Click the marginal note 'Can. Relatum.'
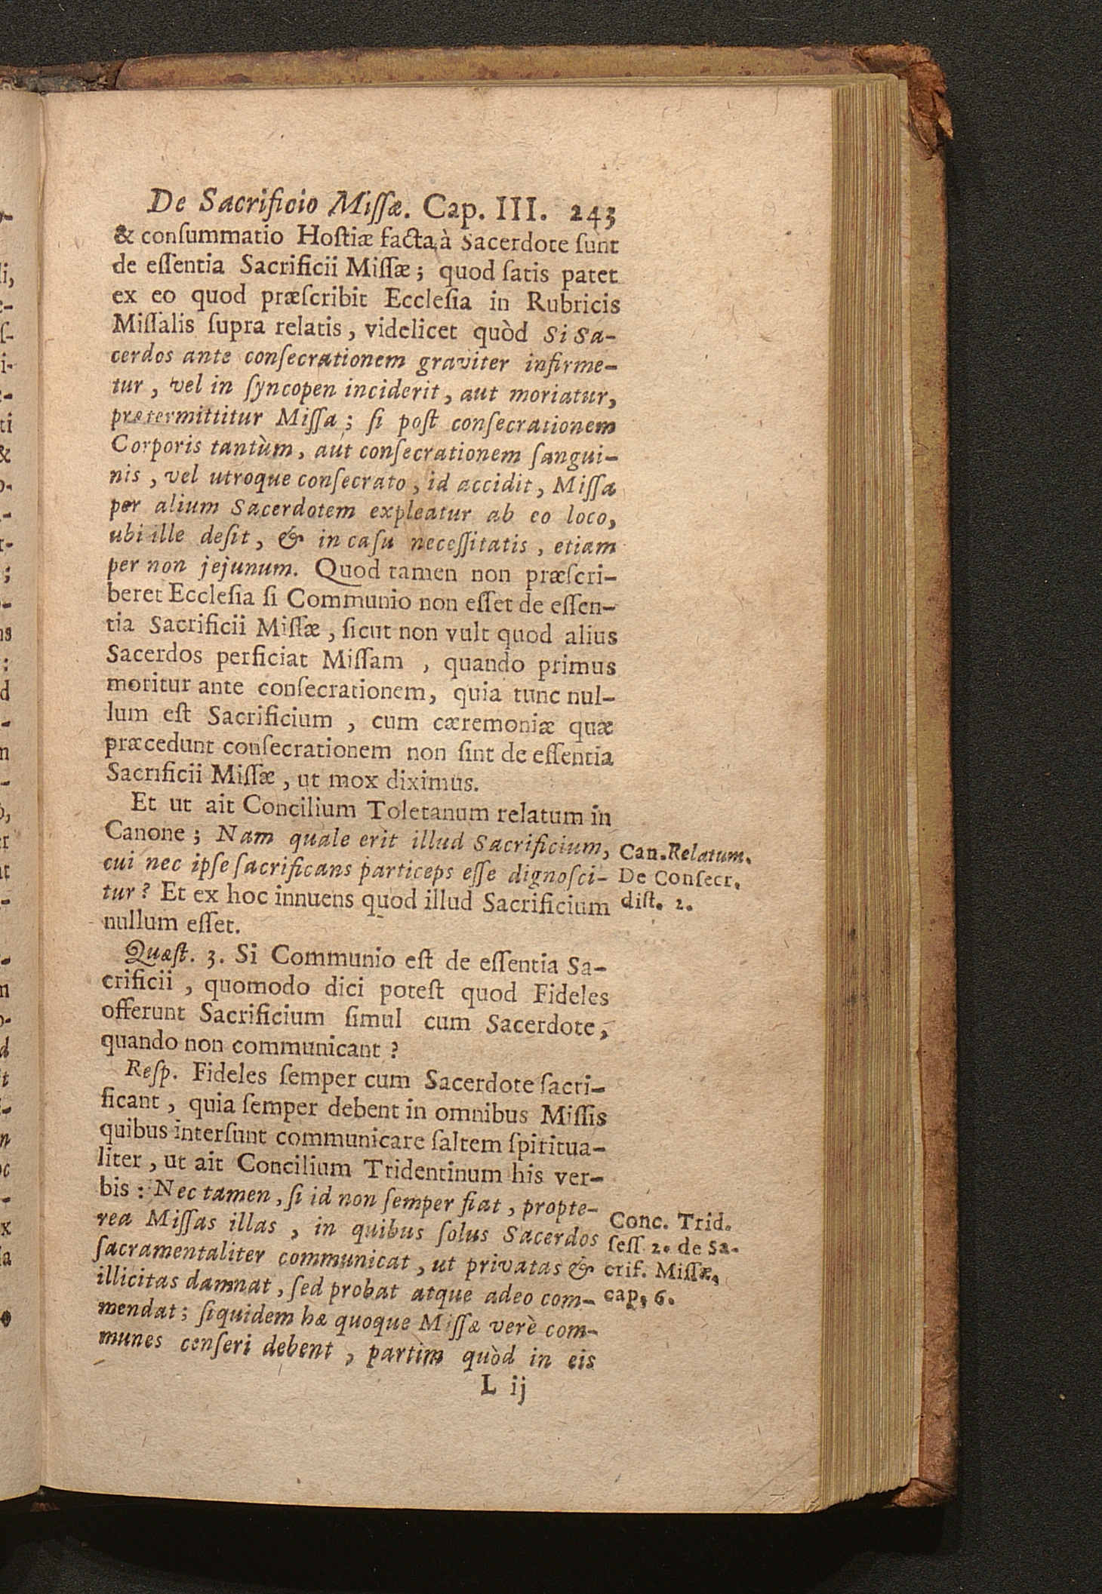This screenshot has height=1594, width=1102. pyautogui.click(x=682, y=855)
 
